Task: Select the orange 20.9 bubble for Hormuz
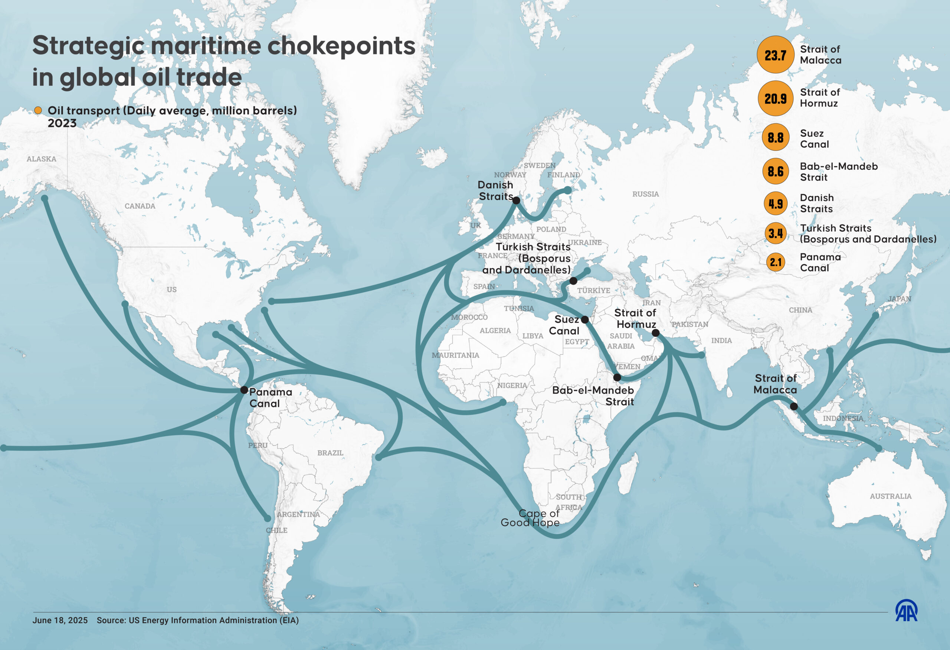pyautogui.click(x=776, y=98)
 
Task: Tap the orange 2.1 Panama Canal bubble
pyautogui.click(x=776, y=262)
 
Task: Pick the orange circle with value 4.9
pyautogui.click(x=776, y=203)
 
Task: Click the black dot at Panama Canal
pyautogui.click(x=244, y=390)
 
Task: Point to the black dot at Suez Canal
pyautogui.click(x=584, y=319)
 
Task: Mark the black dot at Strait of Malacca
pyautogui.click(x=794, y=406)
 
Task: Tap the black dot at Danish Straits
pyautogui.click(x=516, y=201)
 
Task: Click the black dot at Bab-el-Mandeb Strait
pyautogui.click(x=617, y=377)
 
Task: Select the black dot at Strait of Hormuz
pyautogui.click(x=655, y=333)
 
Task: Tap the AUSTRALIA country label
pyautogui.click(x=890, y=496)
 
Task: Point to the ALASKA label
pyautogui.click(x=41, y=159)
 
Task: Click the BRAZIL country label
pyautogui.click(x=330, y=453)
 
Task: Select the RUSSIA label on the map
pyautogui.click(x=645, y=194)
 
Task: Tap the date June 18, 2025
pyautogui.click(x=60, y=620)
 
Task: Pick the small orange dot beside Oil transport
pyautogui.click(x=38, y=110)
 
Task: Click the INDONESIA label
pyautogui.click(x=843, y=418)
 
